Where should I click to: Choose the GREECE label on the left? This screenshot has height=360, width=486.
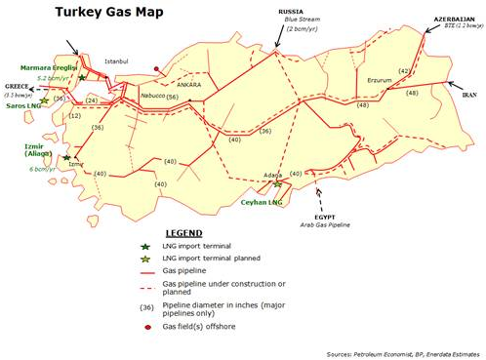pos(17,85)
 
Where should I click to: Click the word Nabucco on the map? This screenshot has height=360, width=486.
pos(152,97)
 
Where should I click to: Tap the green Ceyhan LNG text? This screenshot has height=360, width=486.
pos(261,203)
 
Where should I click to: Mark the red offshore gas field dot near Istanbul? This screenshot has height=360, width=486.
pos(157,69)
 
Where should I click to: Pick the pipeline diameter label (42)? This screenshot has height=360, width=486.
pos(404,72)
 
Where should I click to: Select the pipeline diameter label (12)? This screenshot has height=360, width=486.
pos(74,116)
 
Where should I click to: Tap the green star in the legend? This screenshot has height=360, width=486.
pos(145,247)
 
